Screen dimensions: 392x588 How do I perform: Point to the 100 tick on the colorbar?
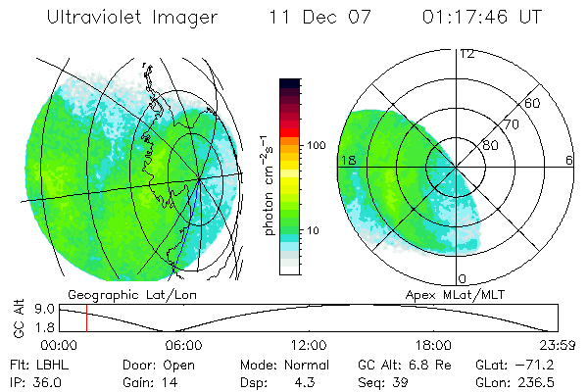(x=317, y=145)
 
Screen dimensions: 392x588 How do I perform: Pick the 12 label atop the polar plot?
(x=466, y=53)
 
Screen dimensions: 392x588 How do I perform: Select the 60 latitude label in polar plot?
(x=533, y=103)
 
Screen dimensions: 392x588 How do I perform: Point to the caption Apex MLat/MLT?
(x=475, y=294)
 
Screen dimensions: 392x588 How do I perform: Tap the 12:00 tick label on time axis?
(x=309, y=345)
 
